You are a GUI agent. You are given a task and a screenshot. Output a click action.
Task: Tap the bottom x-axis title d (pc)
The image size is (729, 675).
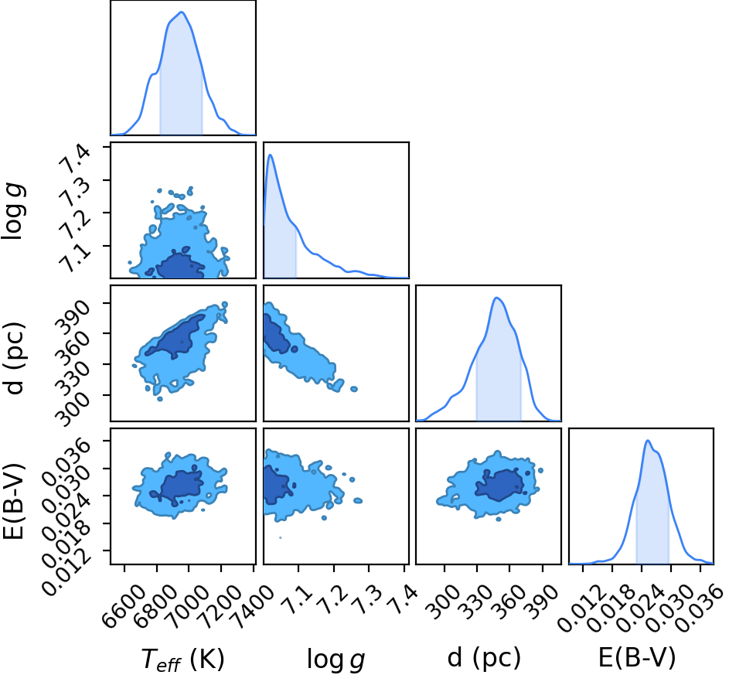coord(484,658)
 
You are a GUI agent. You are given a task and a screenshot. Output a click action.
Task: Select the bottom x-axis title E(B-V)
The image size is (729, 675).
coord(636,657)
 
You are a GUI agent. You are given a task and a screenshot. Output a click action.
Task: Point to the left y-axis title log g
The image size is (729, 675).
coord(14,212)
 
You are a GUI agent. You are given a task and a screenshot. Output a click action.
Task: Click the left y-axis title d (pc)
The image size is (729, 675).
coord(15,357)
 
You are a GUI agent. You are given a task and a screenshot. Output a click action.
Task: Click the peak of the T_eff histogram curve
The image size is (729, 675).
coord(182,12)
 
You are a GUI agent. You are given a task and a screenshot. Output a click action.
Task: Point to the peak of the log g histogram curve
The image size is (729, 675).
coord(270,155)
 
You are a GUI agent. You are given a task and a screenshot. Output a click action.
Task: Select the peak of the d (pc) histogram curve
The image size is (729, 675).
coord(497,298)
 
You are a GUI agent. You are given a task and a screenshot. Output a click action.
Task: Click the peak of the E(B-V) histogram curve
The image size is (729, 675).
coord(648,440)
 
